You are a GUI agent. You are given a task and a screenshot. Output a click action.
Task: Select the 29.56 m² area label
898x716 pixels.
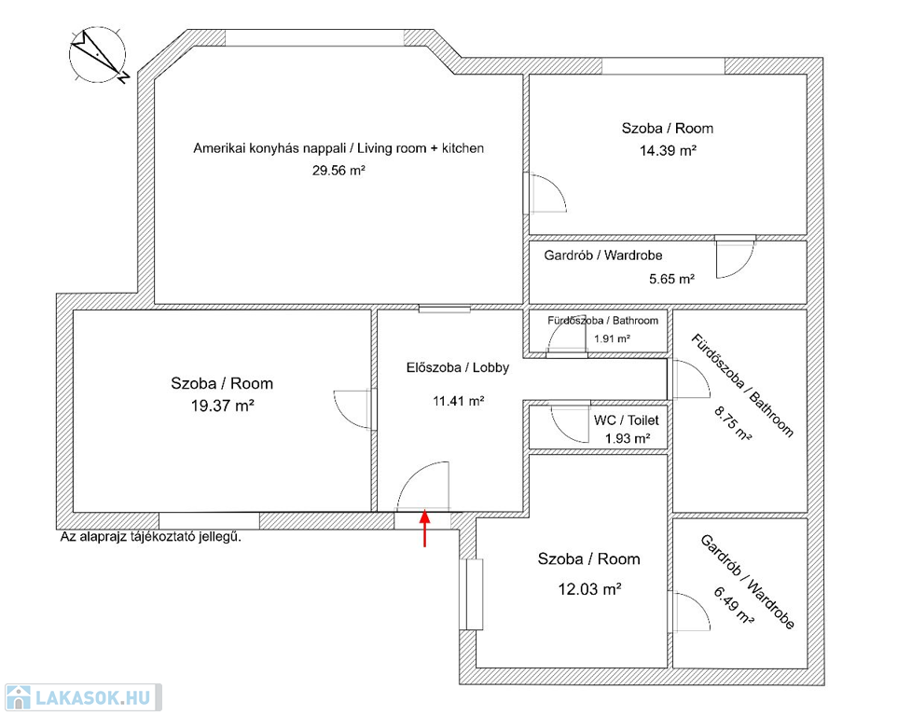pyautogui.click(x=338, y=171)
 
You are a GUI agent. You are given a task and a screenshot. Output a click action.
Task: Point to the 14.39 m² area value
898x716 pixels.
pyautogui.click(x=667, y=149)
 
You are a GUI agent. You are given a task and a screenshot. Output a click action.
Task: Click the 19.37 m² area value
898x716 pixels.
pyautogui.click(x=222, y=405)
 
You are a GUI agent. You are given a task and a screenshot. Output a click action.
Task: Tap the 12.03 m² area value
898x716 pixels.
pyautogui.click(x=588, y=588)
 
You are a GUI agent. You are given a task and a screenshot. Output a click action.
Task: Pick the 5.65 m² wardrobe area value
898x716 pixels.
pyautogui.click(x=671, y=278)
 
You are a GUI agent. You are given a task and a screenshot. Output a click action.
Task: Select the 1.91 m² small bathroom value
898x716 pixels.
pyautogui.click(x=612, y=338)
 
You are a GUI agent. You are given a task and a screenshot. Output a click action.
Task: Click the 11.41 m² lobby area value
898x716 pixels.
pyautogui.click(x=457, y=402)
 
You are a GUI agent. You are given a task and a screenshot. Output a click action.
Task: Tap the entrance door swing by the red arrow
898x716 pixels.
pyautogui.click(x=421, y=487)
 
